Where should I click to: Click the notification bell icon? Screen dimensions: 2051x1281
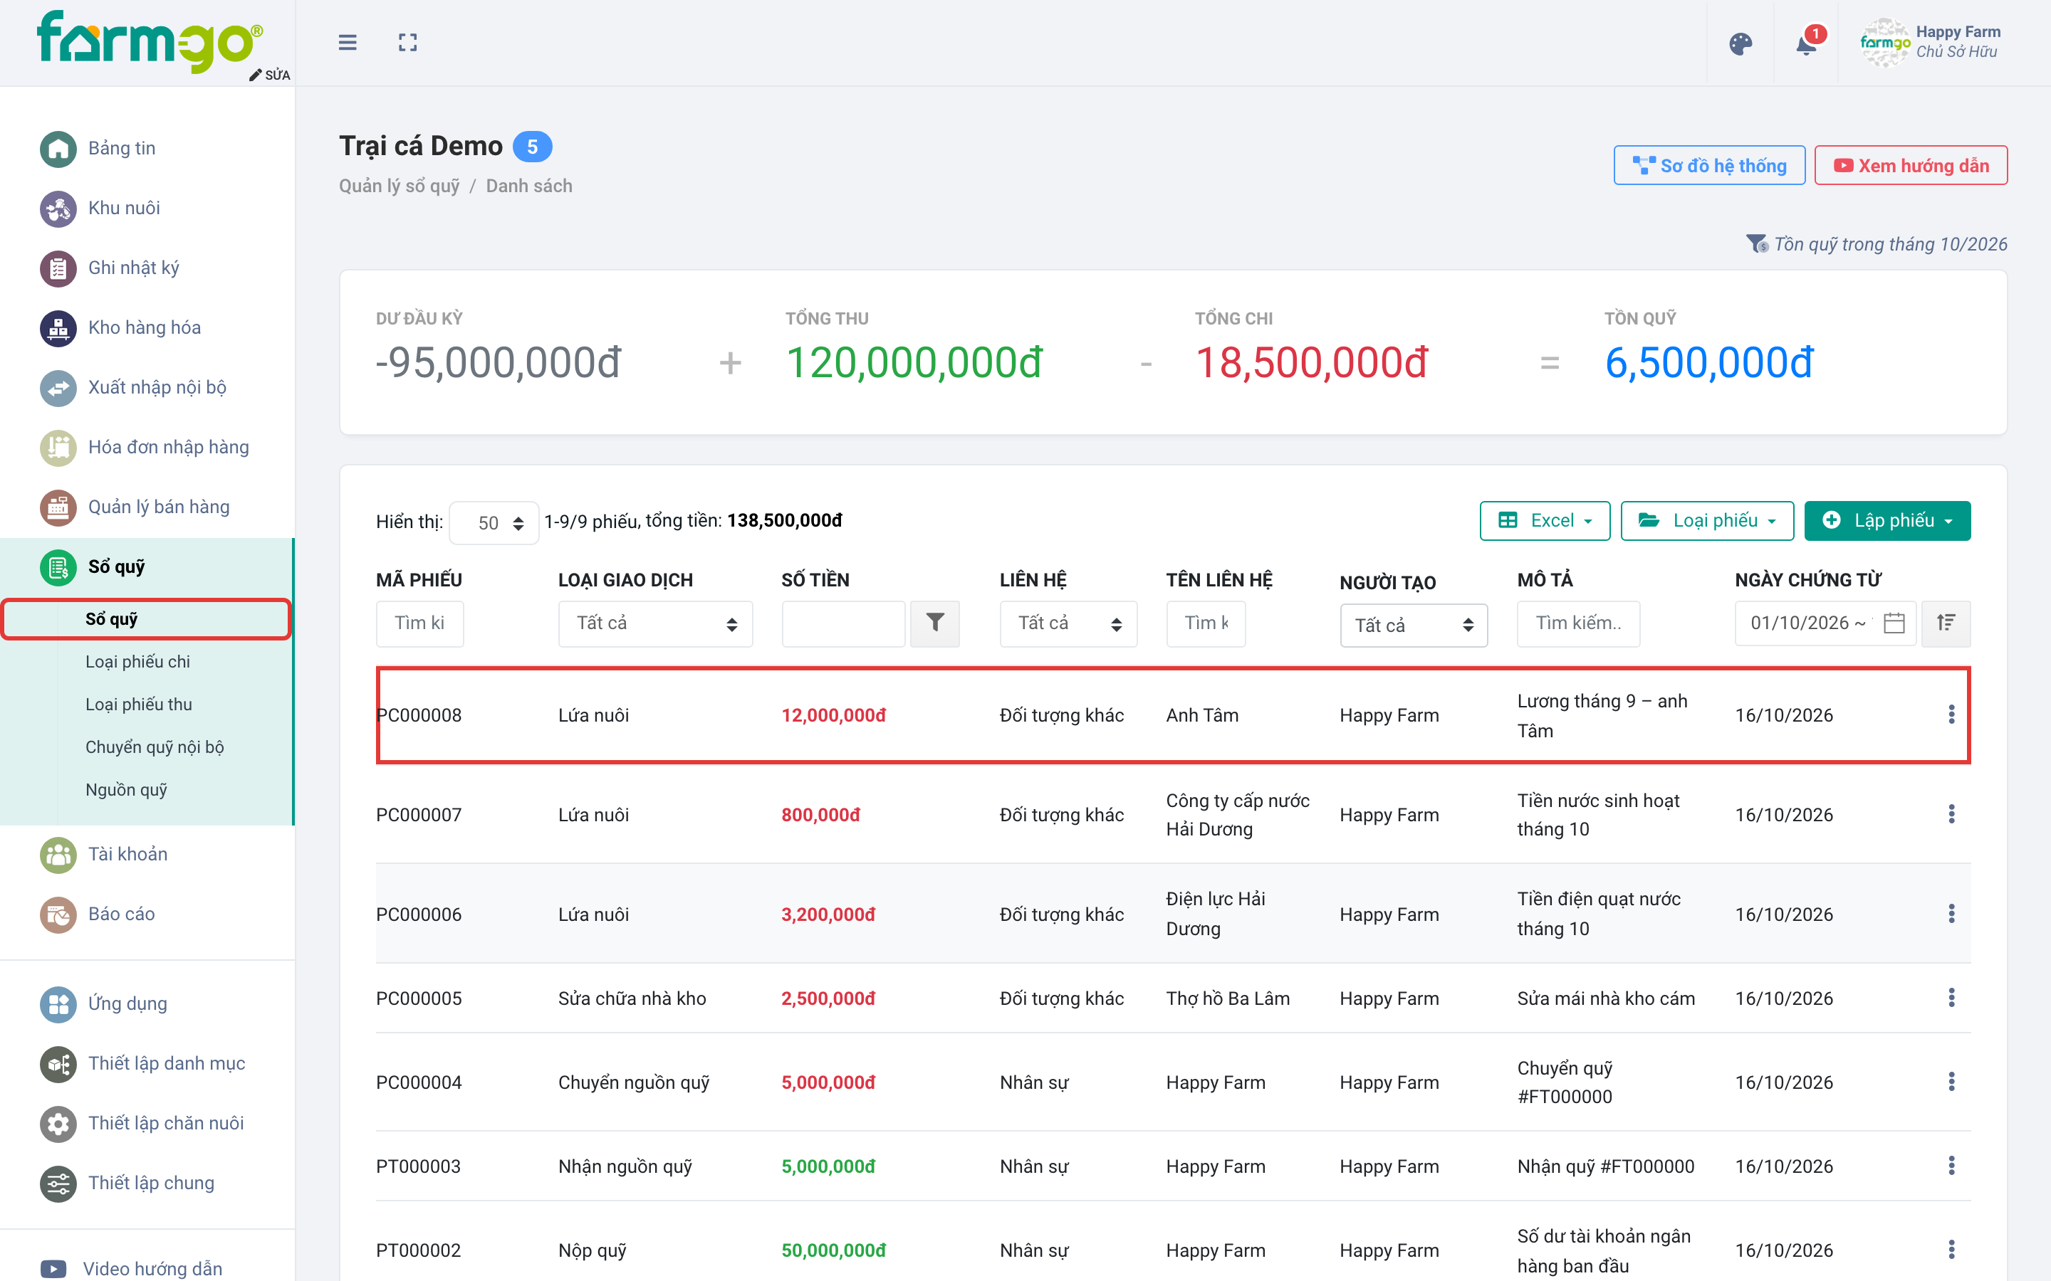pyautogui.click(x=1805, y=44)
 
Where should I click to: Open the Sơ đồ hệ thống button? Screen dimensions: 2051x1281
pyautogui.click(x=1708, y=165)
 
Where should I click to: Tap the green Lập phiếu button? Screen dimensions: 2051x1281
pyautogui.click(x=1886, y=520)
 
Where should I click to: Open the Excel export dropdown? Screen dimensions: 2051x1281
pyautogui.click(x=1544, y=520)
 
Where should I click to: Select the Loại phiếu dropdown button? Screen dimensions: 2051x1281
pyautogui.click(x=1707, y=520)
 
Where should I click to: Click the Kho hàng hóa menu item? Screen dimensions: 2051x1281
pyautogui.click(x=144, y=328)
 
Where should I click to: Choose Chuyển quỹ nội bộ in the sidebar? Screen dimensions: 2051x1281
pyautogui.click(x=155, y=747)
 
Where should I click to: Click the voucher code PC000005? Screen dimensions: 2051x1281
pyautogui.click(x=419, y=998)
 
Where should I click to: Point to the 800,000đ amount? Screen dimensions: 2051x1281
pyautogui.click(x=820, y=815)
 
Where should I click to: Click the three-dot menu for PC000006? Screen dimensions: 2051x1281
pyautogui.click(x=1951, y=913)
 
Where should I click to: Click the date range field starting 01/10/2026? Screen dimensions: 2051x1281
pyautogui.click(x=1825, y=623)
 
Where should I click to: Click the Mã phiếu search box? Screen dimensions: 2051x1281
pyautogui.click(x=419, y=623)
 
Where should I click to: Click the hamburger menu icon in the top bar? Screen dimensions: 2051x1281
pyautogui.click(x=348, y=43)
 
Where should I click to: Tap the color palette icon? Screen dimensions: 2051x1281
pyautogui.click(x=1740, y=44)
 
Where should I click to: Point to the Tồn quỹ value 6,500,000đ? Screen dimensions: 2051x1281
pyautogui.click(x=1708, y=363)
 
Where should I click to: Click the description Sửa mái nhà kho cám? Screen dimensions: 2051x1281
pyautogui.click(x=1605, y=998)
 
